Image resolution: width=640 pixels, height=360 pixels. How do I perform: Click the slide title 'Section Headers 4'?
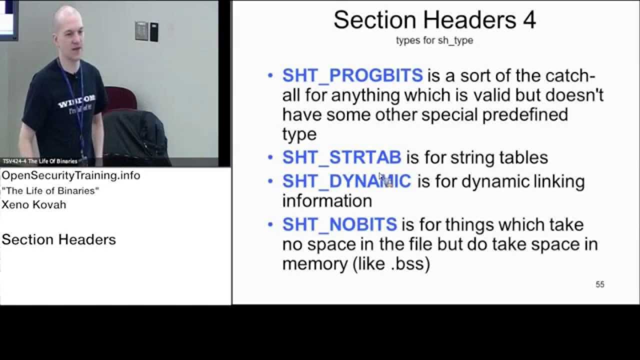coord(434,20)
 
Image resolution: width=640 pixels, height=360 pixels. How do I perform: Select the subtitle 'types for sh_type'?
coord(434,40)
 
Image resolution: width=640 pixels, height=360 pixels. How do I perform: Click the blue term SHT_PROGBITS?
coord(352,75)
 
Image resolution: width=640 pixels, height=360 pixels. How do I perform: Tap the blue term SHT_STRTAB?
coord(341,157)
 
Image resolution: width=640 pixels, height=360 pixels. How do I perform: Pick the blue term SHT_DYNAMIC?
coord(346,181)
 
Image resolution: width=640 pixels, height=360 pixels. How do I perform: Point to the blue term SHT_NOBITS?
coord(339,224)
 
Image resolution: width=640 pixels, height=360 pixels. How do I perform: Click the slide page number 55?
coord(599,284)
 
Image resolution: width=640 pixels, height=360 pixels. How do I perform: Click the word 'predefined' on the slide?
coord(525,114)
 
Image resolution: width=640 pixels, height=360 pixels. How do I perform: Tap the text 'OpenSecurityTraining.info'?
coord(70,175)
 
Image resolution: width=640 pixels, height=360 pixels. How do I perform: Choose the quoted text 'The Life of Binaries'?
coord(50,190)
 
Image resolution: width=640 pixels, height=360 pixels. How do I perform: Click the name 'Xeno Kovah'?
coord(34,204)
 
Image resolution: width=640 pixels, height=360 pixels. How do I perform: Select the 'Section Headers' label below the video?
coord(58,239)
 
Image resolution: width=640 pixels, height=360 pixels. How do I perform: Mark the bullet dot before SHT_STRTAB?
coord(270,158)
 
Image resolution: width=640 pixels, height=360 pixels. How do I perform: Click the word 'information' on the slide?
coord(327,201)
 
